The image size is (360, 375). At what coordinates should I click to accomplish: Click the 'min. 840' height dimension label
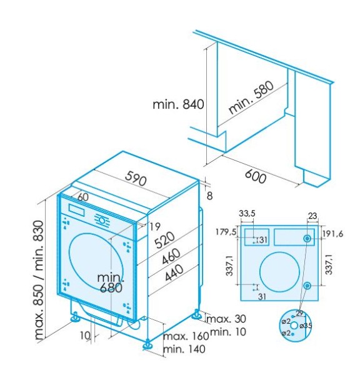178,104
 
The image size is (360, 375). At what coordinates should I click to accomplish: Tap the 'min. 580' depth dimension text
251,97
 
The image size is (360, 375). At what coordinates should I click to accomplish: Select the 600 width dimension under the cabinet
256,176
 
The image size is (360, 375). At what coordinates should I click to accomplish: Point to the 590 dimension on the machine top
136,178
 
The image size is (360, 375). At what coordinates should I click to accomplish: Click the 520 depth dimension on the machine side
165,240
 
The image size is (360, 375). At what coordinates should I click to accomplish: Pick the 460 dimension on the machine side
171,256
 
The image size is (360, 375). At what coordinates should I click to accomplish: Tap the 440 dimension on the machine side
174,272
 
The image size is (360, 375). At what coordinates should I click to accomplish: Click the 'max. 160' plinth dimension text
186,336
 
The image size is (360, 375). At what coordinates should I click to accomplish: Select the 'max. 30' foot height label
226,319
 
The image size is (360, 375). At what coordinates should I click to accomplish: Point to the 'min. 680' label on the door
111,283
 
